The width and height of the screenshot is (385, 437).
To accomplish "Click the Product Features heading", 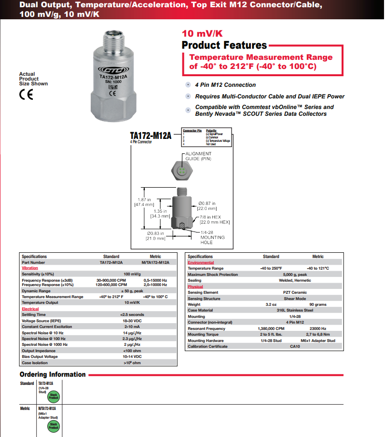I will coord(224,45).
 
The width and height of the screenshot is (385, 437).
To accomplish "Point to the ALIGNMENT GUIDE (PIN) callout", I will coord(198,156).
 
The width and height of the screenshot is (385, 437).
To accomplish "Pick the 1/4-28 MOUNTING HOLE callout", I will coord(213,237).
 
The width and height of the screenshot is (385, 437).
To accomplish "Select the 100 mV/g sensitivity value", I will coord(132,273).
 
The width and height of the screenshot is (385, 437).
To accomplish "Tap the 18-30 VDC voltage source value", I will coord(132,320).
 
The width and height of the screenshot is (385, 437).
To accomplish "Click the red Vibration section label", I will coord(29,268).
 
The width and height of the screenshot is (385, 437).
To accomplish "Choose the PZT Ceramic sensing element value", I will coord(295,293).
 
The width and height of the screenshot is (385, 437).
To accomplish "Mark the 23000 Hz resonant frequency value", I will coord(317,328).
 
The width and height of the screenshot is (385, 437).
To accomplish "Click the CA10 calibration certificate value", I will coord(295,346).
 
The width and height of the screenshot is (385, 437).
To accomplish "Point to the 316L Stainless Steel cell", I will coord(295,311).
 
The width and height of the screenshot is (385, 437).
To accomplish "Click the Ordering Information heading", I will coord(53,375).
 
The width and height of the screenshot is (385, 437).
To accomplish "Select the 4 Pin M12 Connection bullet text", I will coord(225,85).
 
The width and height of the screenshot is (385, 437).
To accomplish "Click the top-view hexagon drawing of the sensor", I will coord(181,171).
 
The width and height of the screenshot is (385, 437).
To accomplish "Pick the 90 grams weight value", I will coord(317,305).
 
